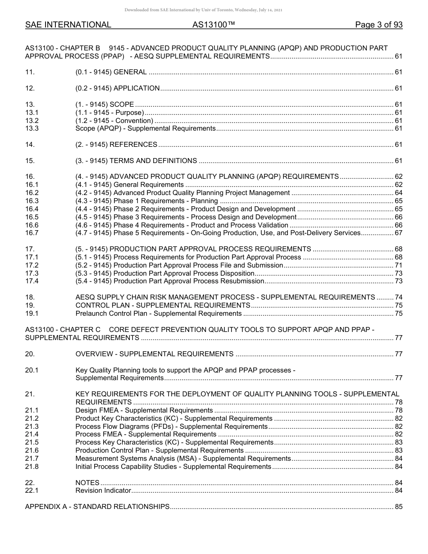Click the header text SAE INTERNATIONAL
pyautogui.click(x=68, y=25)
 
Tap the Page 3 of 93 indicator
pyautogui.click(x=378, y=25)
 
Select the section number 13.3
pyautogui.click(x=32, y=129)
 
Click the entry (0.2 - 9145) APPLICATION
pyautogui.click(x=117, y=88)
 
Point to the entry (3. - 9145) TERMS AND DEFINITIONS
pyautogui.click(x=136, y=161)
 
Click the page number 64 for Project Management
pyautogui.click(x=398, y=193)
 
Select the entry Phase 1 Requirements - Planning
pyautogui.click(x=146, y=201)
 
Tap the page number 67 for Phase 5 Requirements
pyautogui.click(x=398, y=233)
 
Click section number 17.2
pyautogui.click(x=32, y=265)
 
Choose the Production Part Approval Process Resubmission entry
pyautogui.click(x=169, y=281)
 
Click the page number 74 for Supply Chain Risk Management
pyautogui.click(x=398, y=297)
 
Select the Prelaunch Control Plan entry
pyautogui.click(x=159, y=313)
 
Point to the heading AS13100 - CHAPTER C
pyautogui.click(x=63, y=329)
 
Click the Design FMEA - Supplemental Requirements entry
pyautogui.click(x=144, y=410)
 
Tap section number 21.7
pyautogui.click(x=32, y=459)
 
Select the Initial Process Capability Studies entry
pyautogui.click(x=173, y=467)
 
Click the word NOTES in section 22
pyautogui.click(x=87, y=483)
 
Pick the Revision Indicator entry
pyautogui.click(x=103, y=490)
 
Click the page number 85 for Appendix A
pyautogui.click(x=398, y=507)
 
